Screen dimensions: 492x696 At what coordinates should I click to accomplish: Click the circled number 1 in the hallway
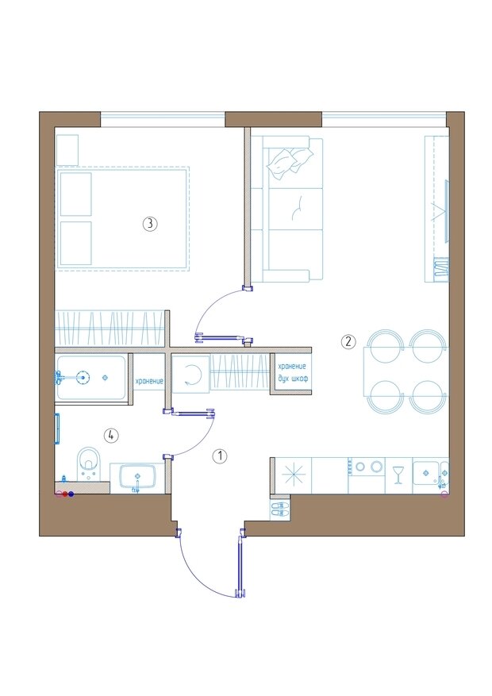[220, 456]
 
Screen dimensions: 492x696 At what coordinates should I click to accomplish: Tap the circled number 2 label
[348, 342]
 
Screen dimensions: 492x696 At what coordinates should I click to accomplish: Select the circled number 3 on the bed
[150, 223]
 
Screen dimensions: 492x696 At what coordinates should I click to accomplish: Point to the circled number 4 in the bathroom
[111, 436]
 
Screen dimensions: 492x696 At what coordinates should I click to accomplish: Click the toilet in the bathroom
[88, 463]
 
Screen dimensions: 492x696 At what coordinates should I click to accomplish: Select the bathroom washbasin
[137, 477]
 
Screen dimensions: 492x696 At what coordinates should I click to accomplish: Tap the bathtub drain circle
[82, 378]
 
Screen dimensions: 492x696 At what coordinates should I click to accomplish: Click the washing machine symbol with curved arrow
[190, 374]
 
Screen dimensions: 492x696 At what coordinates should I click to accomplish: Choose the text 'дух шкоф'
[293, 379]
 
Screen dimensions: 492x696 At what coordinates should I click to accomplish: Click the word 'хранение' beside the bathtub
[149, 381]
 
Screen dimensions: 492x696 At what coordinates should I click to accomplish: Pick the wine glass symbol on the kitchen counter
[398, 475]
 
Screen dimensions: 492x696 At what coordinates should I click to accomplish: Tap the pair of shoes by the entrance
[279, 509]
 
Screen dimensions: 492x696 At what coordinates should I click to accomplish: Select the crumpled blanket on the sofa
[290, 162]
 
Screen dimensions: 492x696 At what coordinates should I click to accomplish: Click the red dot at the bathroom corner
[65, 494]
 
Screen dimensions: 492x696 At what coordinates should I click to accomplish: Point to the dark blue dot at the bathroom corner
[71, 494]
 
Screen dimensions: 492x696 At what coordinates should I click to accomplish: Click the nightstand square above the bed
[67, 150]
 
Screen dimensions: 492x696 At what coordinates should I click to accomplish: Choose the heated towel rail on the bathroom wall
[57, 429]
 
